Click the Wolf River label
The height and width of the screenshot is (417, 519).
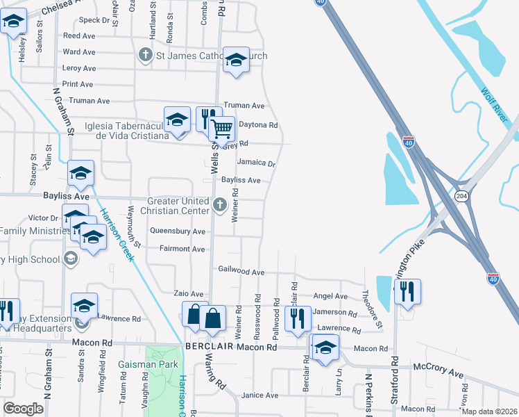tap(495, 104)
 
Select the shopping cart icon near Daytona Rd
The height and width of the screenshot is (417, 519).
tap(221, 129)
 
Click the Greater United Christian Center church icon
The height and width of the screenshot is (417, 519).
tap(220, 204)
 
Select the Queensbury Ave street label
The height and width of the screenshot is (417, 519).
tap(178, 231)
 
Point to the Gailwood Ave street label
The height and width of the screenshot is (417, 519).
tap(241, 272)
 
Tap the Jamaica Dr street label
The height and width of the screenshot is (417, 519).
tap(256, 163)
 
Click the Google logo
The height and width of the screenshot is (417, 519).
tap(23, 409)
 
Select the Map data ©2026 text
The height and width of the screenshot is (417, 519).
tap(489, 411)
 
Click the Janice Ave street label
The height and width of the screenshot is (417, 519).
tap(259, 395)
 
